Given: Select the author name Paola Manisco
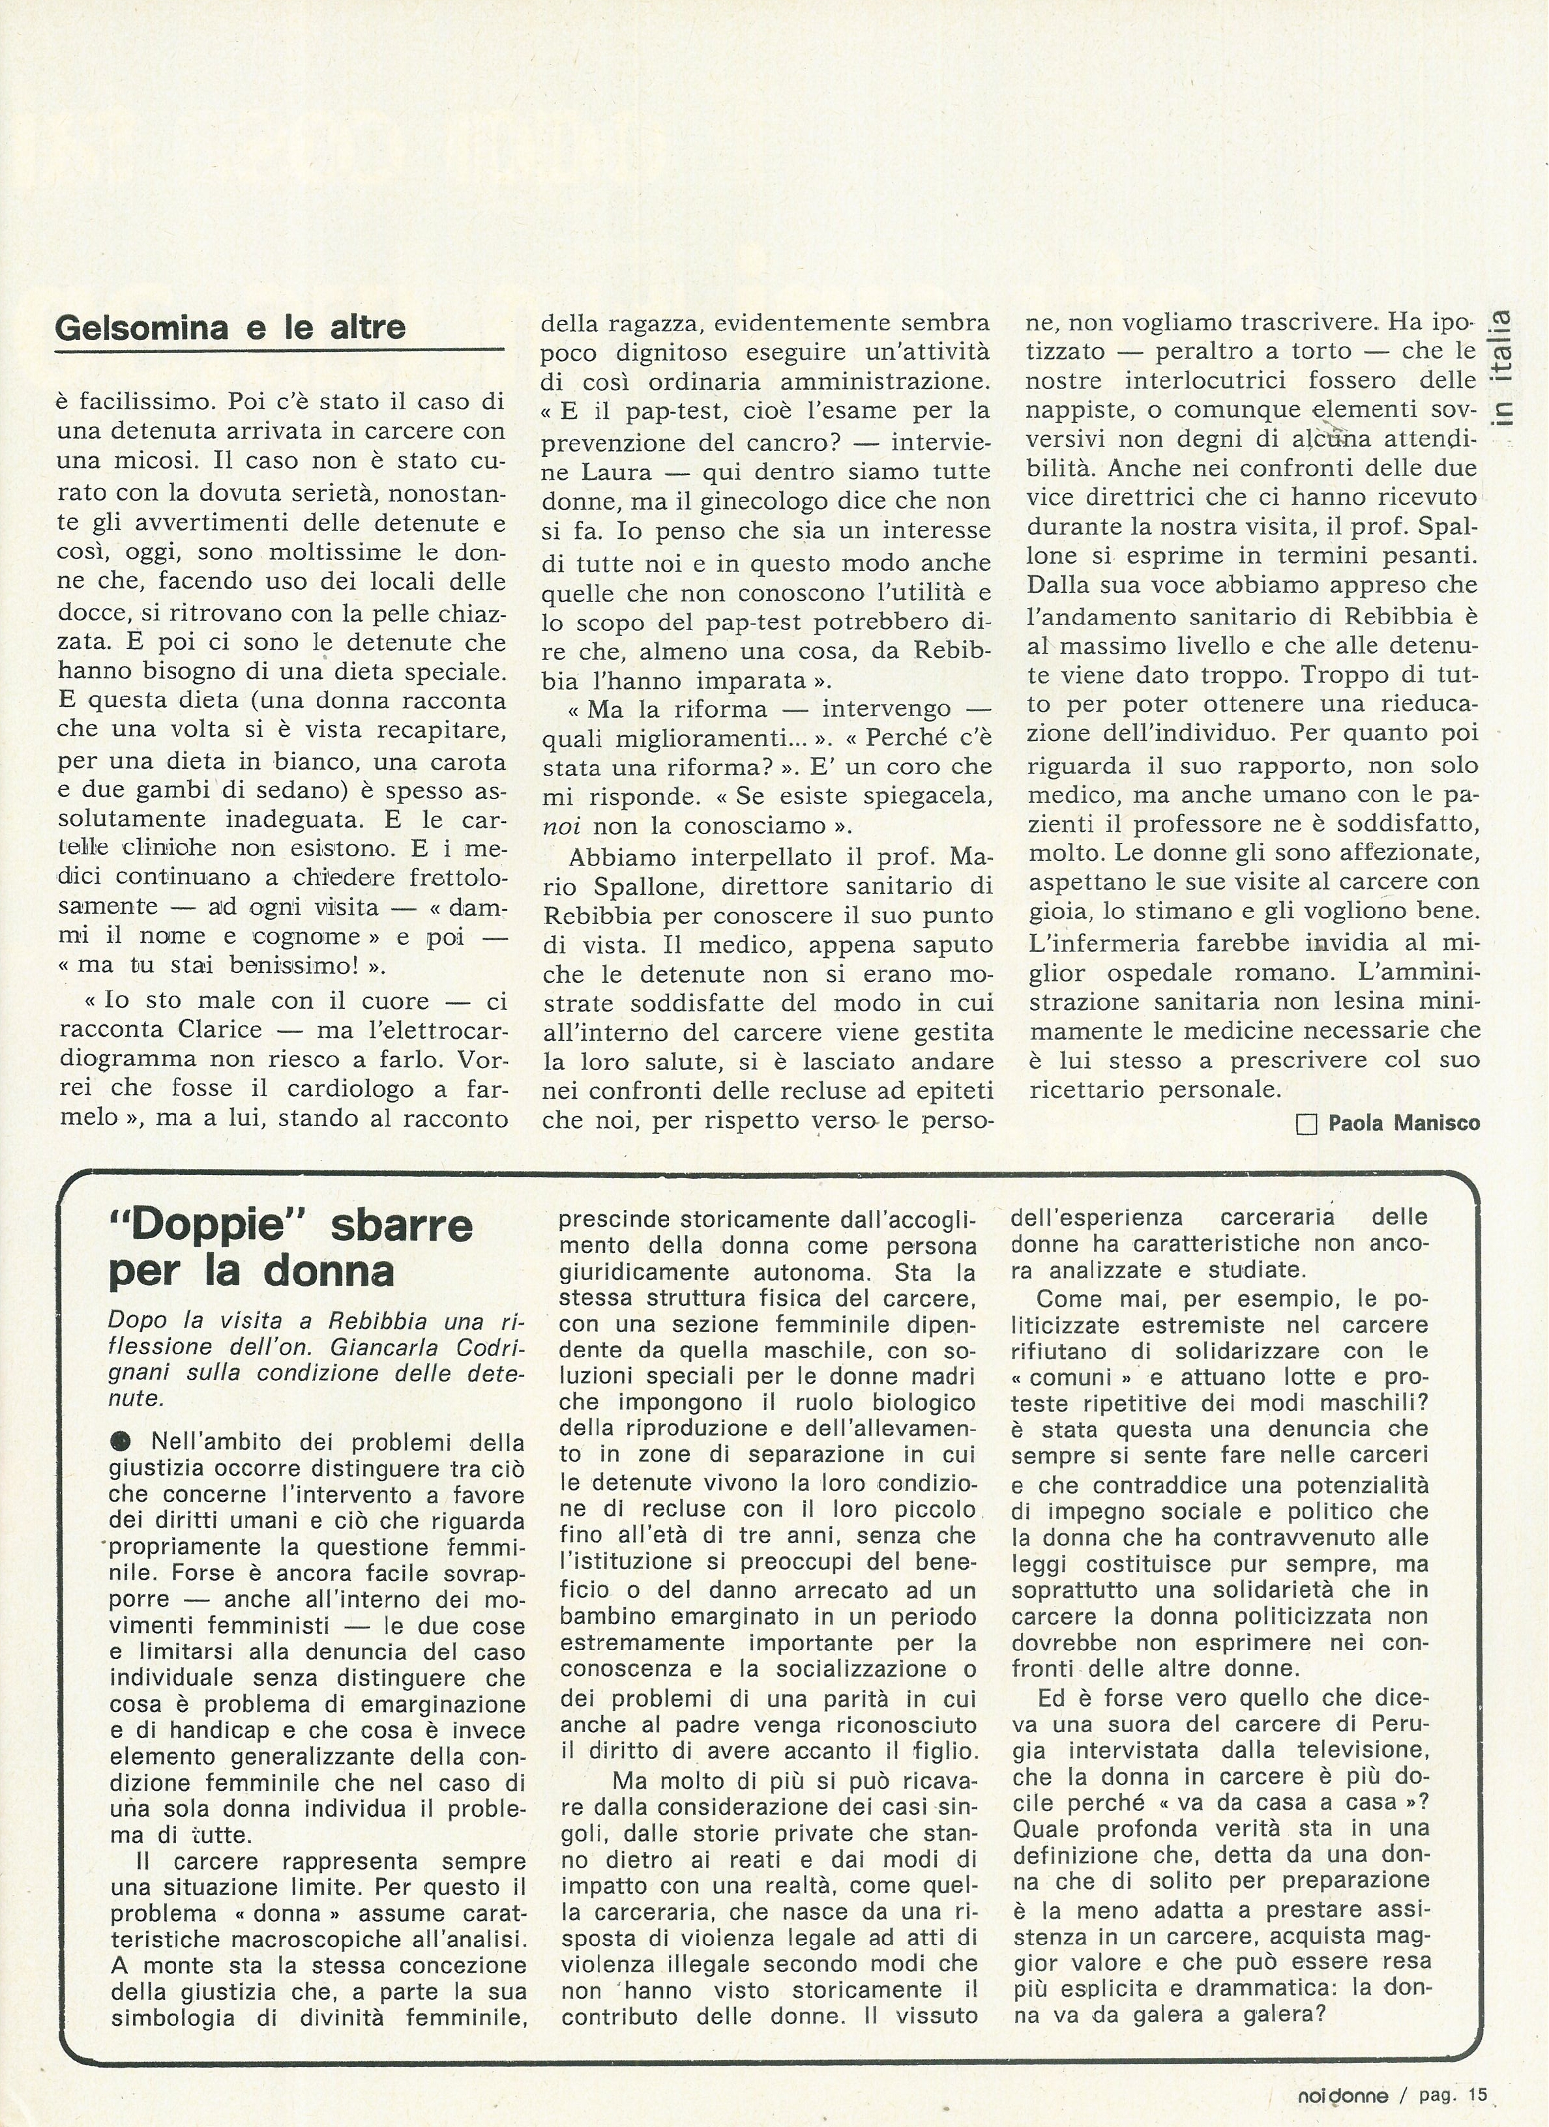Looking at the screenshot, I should coord(1404,1123).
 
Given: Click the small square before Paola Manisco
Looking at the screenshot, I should coord(1306,1123).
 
